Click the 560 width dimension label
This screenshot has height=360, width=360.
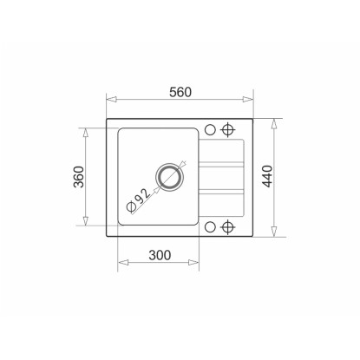coord(180,92)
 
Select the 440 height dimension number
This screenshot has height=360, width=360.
coord(268,176)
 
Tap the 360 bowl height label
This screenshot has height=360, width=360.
coord(79,177)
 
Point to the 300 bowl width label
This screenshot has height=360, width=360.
coord(160,255)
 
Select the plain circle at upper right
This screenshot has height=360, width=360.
coord(210,129)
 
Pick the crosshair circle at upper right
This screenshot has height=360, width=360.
coord(228,129)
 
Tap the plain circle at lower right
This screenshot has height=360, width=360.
coord(210,227)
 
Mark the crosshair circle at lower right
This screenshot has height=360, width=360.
coord(228,227)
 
